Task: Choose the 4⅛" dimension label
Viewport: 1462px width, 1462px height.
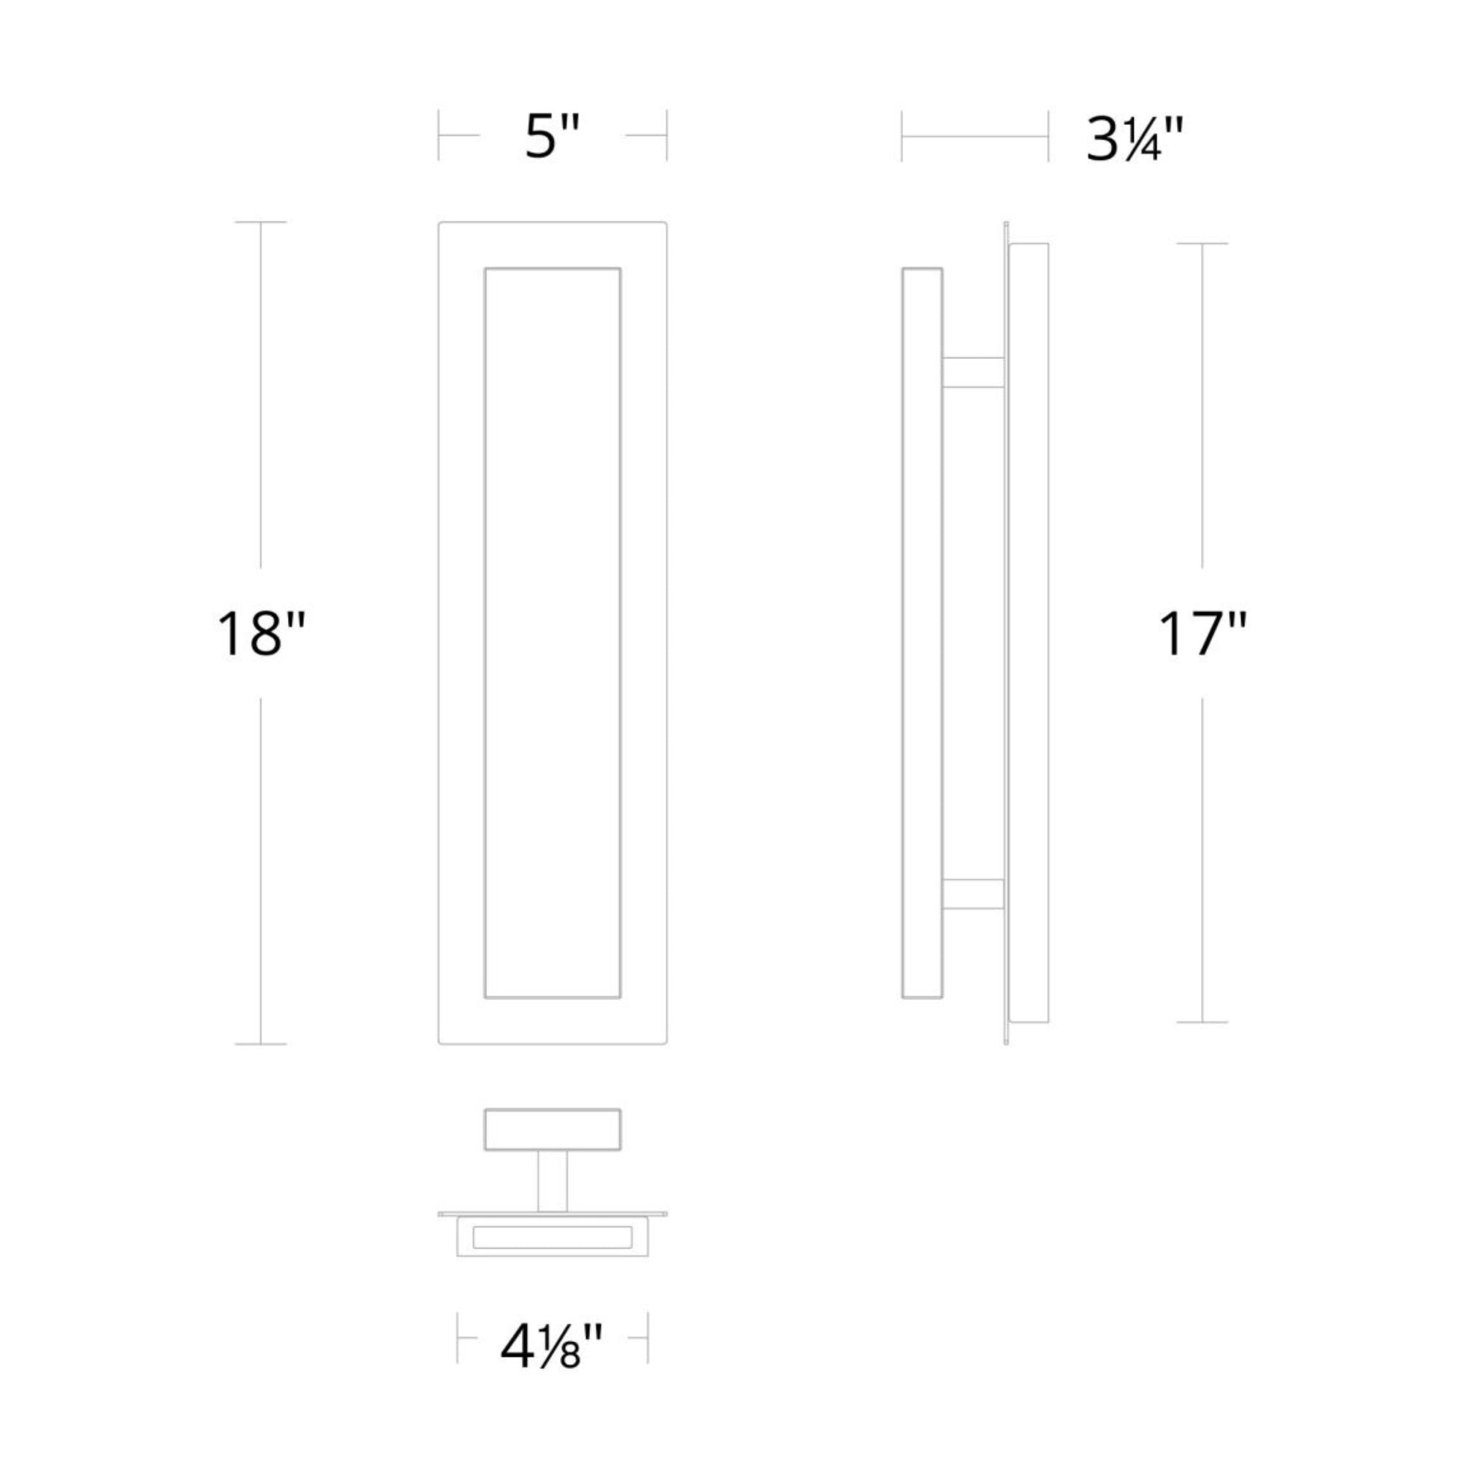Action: tap(552, 1347)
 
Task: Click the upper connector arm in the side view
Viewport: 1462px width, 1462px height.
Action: tap(973, 372)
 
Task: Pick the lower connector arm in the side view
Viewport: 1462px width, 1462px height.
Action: tap(973, 894)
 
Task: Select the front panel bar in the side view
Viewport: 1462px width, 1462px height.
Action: tap(923, 632)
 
